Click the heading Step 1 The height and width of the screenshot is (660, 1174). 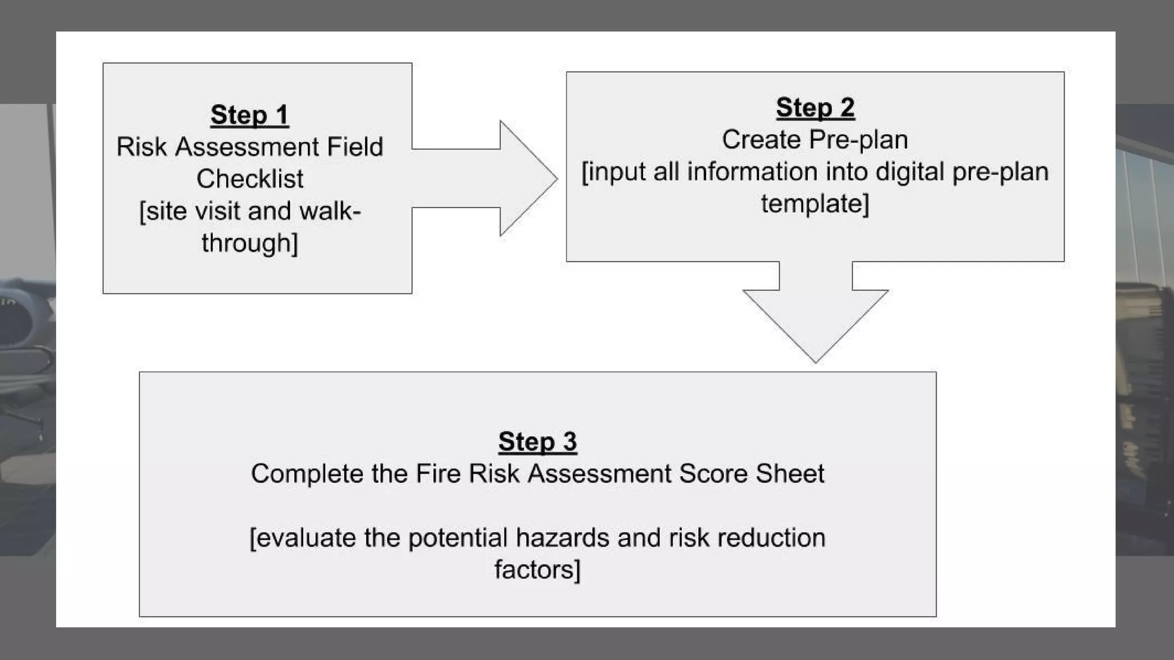(x=249, y=115)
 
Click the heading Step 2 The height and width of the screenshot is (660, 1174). (x=815, y=108)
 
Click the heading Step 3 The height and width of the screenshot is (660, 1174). (x=537, y=442)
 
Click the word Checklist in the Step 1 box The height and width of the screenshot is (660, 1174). (x=250, y=179)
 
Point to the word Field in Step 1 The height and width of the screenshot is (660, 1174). (x=355, y=147)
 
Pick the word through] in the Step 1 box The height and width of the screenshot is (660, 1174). (x=250, y=243)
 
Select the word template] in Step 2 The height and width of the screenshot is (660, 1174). (x=815, y=204)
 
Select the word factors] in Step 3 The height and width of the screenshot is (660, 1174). (x=537, y=570)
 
